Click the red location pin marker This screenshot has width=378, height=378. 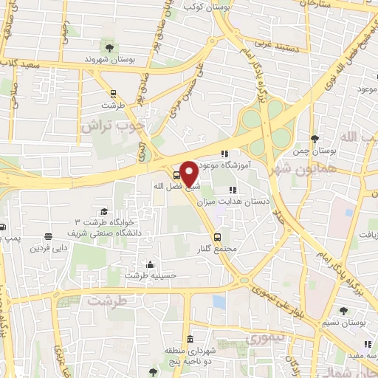[x=189, y=173]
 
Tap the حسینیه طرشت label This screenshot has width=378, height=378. [x=150, y=275]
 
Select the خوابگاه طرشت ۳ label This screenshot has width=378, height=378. [x=105, y=221]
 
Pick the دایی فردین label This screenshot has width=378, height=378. [x=48, y=248]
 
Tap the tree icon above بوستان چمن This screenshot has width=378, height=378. [x=315, y=139]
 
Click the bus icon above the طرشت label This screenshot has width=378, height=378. [x=113, y=93]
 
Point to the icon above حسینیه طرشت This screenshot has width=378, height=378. [x=151, y=264]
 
